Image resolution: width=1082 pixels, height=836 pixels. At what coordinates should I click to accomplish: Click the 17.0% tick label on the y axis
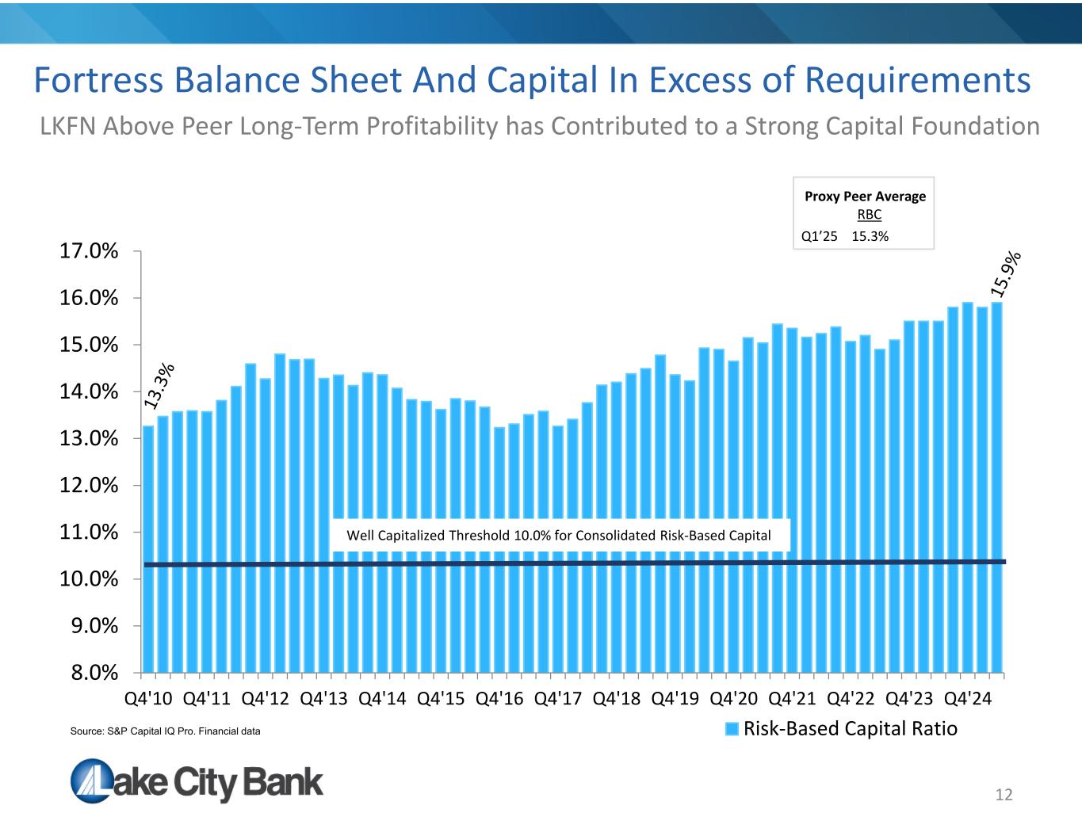pos(88,252)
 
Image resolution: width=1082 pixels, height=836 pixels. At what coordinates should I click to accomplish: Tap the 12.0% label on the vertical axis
pos(88,486)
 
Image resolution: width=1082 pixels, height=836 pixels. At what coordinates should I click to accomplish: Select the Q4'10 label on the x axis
pos(148,699)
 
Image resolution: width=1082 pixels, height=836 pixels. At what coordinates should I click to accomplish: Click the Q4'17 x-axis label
pos(559,699)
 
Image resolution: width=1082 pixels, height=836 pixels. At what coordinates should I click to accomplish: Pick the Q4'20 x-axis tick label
pos(734,699)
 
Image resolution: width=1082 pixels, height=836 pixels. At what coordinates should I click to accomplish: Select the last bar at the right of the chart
pos(996,487)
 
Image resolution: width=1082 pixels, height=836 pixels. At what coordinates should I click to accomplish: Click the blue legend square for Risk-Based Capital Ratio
pos(733,729)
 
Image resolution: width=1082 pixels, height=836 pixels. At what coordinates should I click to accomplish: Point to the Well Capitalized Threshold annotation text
pos(559,536)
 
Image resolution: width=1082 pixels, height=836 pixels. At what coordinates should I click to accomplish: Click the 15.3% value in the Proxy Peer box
pos(870,236)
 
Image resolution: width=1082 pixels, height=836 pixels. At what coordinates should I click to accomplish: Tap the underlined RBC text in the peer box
pos(869,215)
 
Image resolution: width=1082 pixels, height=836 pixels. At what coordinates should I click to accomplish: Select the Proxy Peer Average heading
pos(865,197)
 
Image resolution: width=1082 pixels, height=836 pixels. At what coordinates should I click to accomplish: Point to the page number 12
pos(1004,795)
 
